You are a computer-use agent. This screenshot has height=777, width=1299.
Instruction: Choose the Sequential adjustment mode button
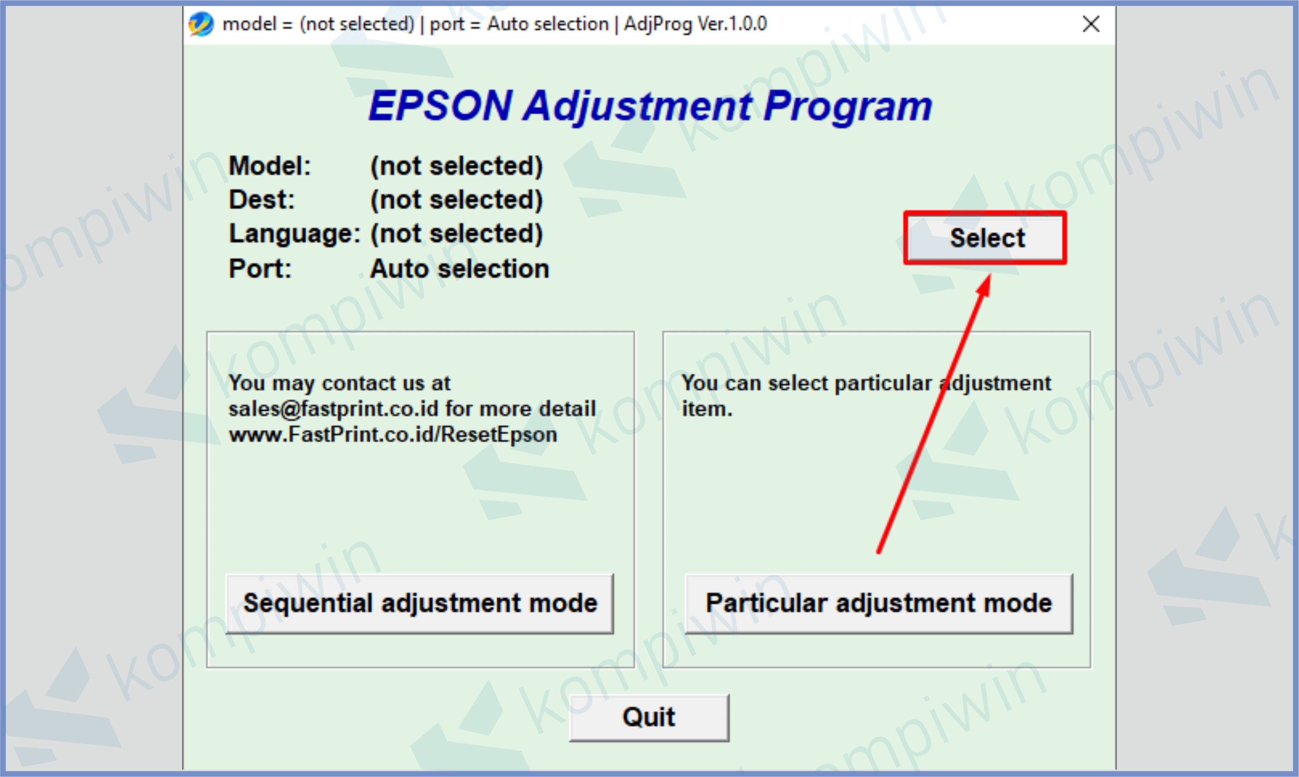click(x=420, y=604)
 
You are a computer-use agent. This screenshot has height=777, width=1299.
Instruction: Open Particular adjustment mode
click(x=879, y=604)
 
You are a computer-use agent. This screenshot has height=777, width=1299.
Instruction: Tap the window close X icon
click(x=1091, y=24)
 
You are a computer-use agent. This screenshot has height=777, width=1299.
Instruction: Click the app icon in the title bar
click(x=201, y=24)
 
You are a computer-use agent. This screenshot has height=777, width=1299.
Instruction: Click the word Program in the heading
click(x=847, y=107)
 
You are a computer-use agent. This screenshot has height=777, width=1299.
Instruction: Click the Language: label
click(x=295, y=234)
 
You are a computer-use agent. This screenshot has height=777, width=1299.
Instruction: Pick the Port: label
click(x=260, y=269)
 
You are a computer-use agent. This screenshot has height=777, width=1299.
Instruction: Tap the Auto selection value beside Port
click(x=460, y=269)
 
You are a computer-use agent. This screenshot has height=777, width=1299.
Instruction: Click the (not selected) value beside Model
click(x=457, y=167)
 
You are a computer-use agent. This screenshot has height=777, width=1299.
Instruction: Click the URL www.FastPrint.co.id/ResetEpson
click(x=393, y=435)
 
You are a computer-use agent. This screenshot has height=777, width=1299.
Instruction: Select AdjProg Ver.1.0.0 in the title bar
click(x=695, y=24)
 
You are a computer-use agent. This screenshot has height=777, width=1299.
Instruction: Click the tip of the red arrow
click(x=989, y=274)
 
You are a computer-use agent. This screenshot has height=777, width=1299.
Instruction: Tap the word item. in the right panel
click(x=707, y=409)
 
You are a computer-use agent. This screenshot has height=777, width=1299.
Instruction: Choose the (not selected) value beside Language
click(x=457, y=234)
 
